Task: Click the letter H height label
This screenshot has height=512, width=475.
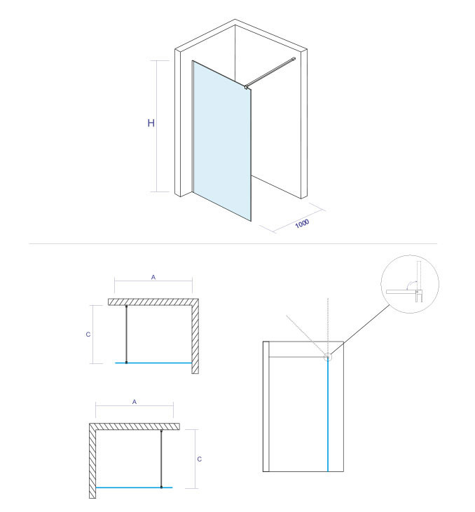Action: point(151,123)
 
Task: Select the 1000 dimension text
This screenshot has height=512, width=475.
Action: point(302,224)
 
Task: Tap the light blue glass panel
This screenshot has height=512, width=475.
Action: point(222,140)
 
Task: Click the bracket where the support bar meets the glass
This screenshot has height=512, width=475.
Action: point(246,87)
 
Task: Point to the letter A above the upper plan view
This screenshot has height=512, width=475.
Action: point(153,278)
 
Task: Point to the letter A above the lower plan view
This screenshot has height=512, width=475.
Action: point(135,402)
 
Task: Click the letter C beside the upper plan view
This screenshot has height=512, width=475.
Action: point(88,335)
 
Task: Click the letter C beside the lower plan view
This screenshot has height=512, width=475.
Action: point(200,459)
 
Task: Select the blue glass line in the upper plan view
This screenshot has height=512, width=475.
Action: point(153,363)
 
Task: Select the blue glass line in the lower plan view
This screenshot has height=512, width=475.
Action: point(134,487)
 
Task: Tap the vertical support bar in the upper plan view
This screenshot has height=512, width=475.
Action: point(127,334)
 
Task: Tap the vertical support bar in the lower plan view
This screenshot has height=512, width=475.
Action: point(161,459)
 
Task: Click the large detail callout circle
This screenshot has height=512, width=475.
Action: point(381,284)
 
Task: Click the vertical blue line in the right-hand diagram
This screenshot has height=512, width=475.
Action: point(328,415)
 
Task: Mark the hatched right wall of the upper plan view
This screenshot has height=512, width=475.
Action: point(195,337)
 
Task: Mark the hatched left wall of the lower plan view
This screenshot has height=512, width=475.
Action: point(92,461)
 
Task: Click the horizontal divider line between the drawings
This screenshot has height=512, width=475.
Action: point(233,243)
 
